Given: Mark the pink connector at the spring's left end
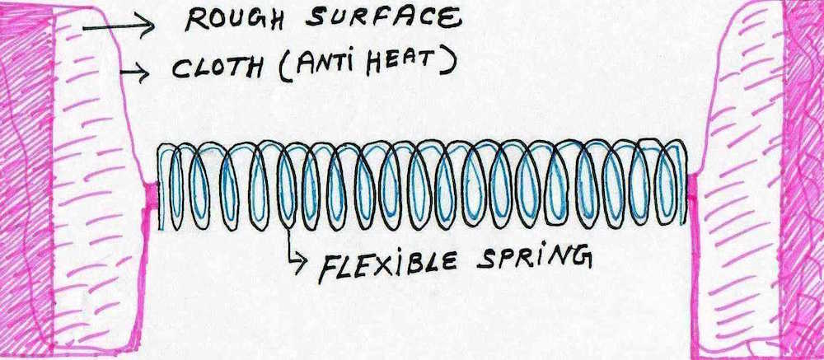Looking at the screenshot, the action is coord(150,197).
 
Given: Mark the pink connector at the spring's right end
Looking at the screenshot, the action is coord(692,194).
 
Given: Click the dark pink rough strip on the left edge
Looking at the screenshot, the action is coord(23,181).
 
